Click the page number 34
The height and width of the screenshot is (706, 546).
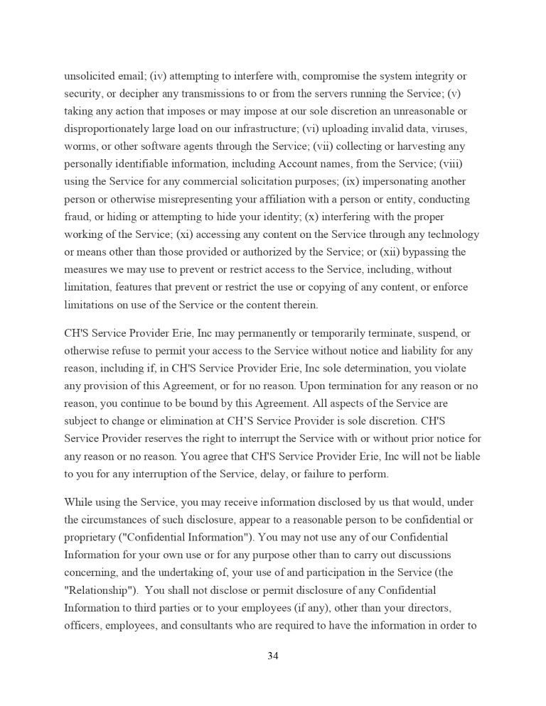(273, 656)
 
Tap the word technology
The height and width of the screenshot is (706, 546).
(448, 234)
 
